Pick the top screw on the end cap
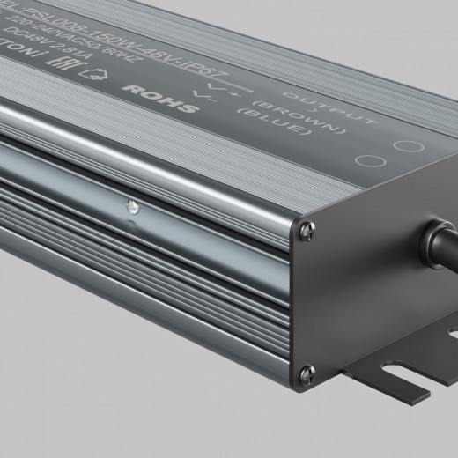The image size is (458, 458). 305,231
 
